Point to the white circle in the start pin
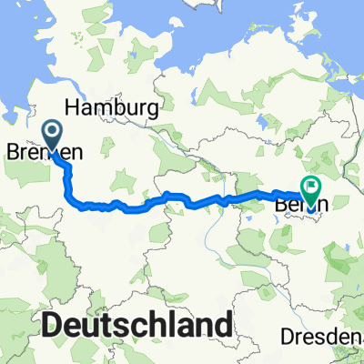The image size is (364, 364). coord(52,135)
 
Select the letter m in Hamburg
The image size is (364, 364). coord(103,106)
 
